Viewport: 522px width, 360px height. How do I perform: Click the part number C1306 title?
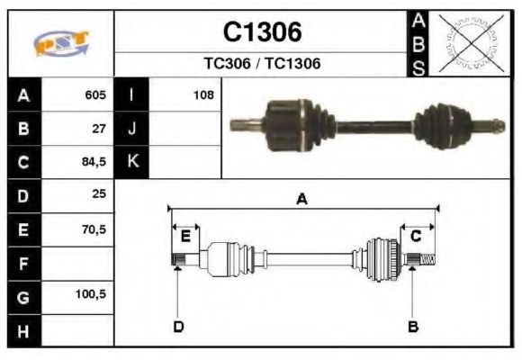(x=262, y=33)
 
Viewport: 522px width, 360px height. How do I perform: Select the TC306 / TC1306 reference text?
(x=262, y=64)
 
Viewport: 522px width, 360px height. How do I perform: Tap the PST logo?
(x=61, y=42)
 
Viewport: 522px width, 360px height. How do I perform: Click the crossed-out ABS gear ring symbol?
(x=469, y=42)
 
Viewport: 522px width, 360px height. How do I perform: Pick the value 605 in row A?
(x=95, y=94)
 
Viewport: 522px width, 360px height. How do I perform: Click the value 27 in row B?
(x=99, y=128)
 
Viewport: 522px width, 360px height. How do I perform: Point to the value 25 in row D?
(x=99, y=195)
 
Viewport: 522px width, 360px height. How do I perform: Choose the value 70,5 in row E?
(x=94, y=229)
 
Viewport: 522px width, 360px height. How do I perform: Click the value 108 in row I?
(x=203, y=94)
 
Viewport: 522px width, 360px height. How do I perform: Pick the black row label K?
(x=132, y=162)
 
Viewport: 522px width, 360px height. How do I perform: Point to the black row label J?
(x=132, y=128)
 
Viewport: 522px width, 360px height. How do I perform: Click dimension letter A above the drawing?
(x=302, y=200)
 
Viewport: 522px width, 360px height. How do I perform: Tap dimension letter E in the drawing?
(x=184, y=236)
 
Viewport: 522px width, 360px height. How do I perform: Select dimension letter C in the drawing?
(x=417, y=236)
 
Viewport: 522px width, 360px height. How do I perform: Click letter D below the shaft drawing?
(x=178, y=326)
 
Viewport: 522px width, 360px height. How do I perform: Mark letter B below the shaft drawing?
(x=412, y=326)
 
